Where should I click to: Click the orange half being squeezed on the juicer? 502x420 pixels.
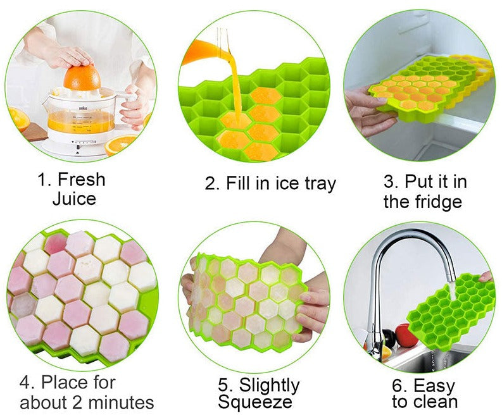82,78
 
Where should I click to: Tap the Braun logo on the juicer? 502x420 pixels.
82,109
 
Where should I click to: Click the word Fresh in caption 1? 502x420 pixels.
81,179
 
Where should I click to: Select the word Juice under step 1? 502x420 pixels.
74,199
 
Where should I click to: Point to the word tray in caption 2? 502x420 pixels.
320,184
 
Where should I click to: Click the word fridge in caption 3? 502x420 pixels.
438,202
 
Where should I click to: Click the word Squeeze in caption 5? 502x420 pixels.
255,402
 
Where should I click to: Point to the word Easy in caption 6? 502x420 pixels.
434,386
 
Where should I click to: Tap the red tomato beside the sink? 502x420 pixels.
406,335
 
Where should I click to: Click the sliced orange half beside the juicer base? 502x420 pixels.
120,144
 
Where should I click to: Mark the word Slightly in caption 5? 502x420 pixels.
269,385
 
